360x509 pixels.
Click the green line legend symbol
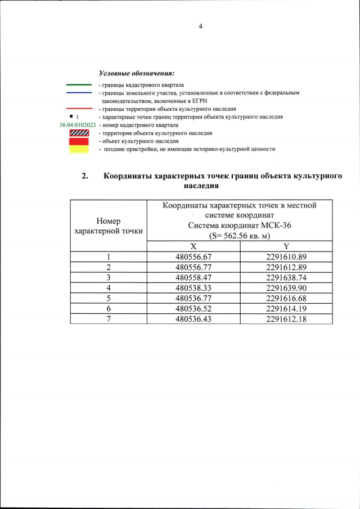[x=79, y=85]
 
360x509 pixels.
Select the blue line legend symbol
[x=79, y=93]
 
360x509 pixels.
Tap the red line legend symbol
[x=79, y=109]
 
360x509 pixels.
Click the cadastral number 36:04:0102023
[x=78, y=125]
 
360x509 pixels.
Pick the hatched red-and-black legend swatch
[x=79, y=133]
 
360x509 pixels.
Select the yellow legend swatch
[x=79, y=149]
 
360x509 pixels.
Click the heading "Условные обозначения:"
[x=137, y=73]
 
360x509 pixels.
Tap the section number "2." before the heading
[x=85, y=177]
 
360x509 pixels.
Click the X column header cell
[x=193, y=246]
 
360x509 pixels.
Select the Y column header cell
[x=286, y=246]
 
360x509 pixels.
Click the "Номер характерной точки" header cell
[x=109, y=226]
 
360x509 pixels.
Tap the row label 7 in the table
[x=109, y=318]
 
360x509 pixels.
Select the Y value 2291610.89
[x=286, y=257]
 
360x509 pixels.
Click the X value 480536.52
[x=193, y=308]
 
